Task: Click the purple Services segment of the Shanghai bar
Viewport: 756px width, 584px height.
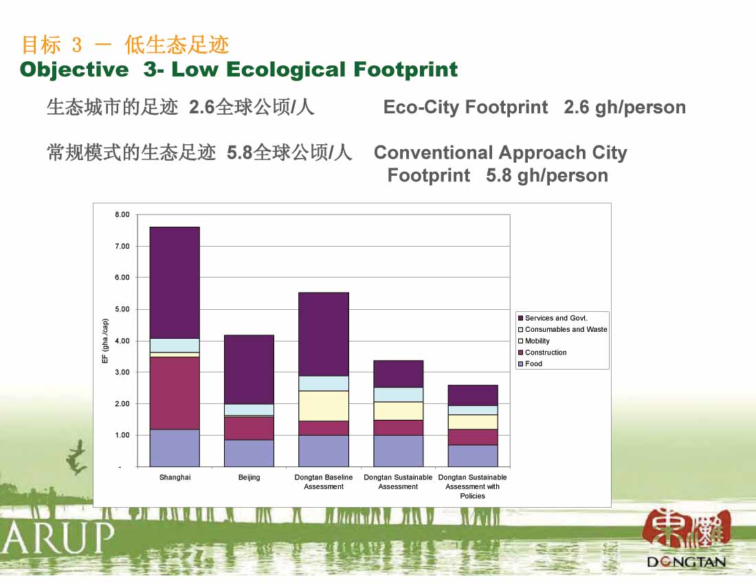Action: tap(175, 282)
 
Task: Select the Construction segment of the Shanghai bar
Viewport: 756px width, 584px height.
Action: tap(175, 393)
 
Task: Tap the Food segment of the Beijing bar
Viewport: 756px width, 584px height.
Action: tap(249, 453)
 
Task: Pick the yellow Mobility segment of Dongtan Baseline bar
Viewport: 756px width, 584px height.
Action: tap(324, 406)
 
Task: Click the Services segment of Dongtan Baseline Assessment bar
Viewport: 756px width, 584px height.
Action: tap(324, 335)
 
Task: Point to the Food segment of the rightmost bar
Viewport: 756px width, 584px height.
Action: tap(473, 456)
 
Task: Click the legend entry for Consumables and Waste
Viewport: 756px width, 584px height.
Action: tap(563, 330)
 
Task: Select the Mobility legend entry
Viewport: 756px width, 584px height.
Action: tap(534, 341)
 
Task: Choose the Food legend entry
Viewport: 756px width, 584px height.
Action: tap(530, 363)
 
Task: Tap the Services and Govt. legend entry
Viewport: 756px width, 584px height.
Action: tap(553, 318)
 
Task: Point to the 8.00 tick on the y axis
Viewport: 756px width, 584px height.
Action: tap(122, 215)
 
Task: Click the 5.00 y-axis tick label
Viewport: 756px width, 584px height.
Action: tap(122, 309)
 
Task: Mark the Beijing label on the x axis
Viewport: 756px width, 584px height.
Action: tap(249, 478)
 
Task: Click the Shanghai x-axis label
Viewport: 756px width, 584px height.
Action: tap(175, 478)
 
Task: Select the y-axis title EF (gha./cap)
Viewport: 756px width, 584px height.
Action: tap(105, 341)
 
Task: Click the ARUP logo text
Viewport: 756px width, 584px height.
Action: tap(57, 537)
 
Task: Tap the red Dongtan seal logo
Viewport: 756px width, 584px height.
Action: tap(687, 530)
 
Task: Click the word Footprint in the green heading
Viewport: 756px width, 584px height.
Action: tap(405, 69)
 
